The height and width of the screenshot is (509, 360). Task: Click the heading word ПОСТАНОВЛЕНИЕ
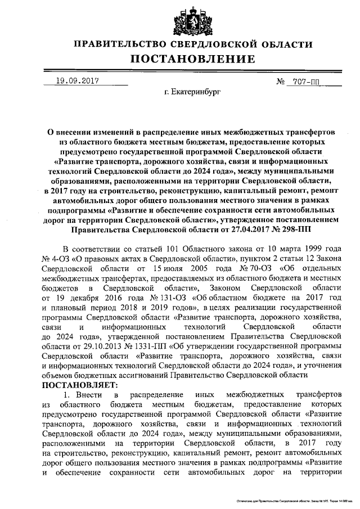pyautogui.click(x=193, y=59)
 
